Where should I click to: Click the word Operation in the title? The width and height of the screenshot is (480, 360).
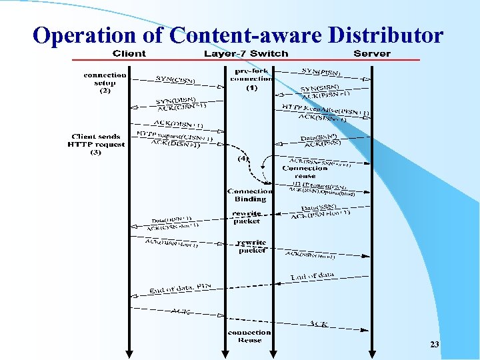83,35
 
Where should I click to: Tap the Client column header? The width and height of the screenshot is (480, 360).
129,53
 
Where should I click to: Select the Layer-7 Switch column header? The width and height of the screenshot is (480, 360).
246,53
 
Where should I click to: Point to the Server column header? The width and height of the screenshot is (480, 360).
372,53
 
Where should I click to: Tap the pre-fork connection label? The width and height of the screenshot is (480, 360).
251,75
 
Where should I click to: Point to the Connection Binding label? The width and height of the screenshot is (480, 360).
250,195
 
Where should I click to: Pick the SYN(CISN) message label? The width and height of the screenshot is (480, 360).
175,79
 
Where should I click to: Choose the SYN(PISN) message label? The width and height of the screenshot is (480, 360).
322,71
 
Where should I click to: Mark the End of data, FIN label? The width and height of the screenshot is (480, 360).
181,288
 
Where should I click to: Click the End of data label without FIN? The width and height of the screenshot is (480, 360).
312,275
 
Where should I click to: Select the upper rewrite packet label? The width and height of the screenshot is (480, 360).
247,217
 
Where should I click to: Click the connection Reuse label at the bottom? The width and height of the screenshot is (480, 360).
249,336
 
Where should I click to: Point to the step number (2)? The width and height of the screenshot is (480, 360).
105,91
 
